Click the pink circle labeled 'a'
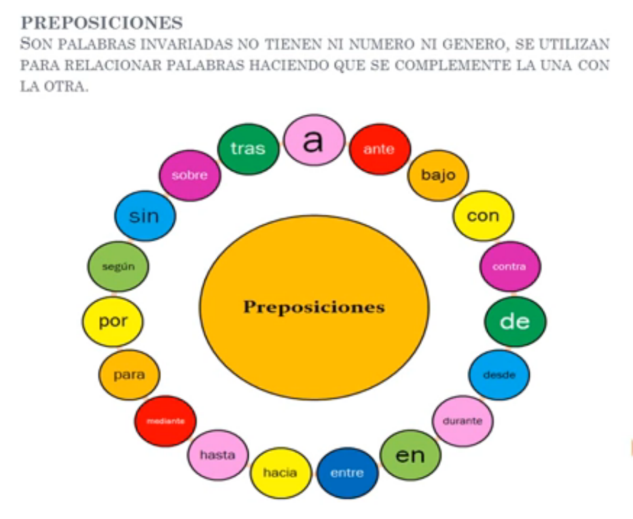pos(314,141)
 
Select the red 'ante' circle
pos(379,149)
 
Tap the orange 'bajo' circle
pos(438,175)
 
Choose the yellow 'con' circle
pos(483,217)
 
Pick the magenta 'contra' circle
pos(510,266)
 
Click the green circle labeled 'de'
pos(515,321)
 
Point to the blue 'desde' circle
pos(499,374)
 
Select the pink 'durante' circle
pos(463,420)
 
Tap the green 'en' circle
pos(410,454)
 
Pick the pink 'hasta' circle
pos(217,454)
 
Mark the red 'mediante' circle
pos(165,421)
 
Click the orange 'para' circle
pos(129,374)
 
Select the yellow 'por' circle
pos(113,321)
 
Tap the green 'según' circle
pos(118,266)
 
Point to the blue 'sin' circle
pos(145,217)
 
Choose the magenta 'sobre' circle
pos(189,175)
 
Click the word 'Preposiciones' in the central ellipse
pos(314,307)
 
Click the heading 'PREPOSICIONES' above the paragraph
pos(102,22)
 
